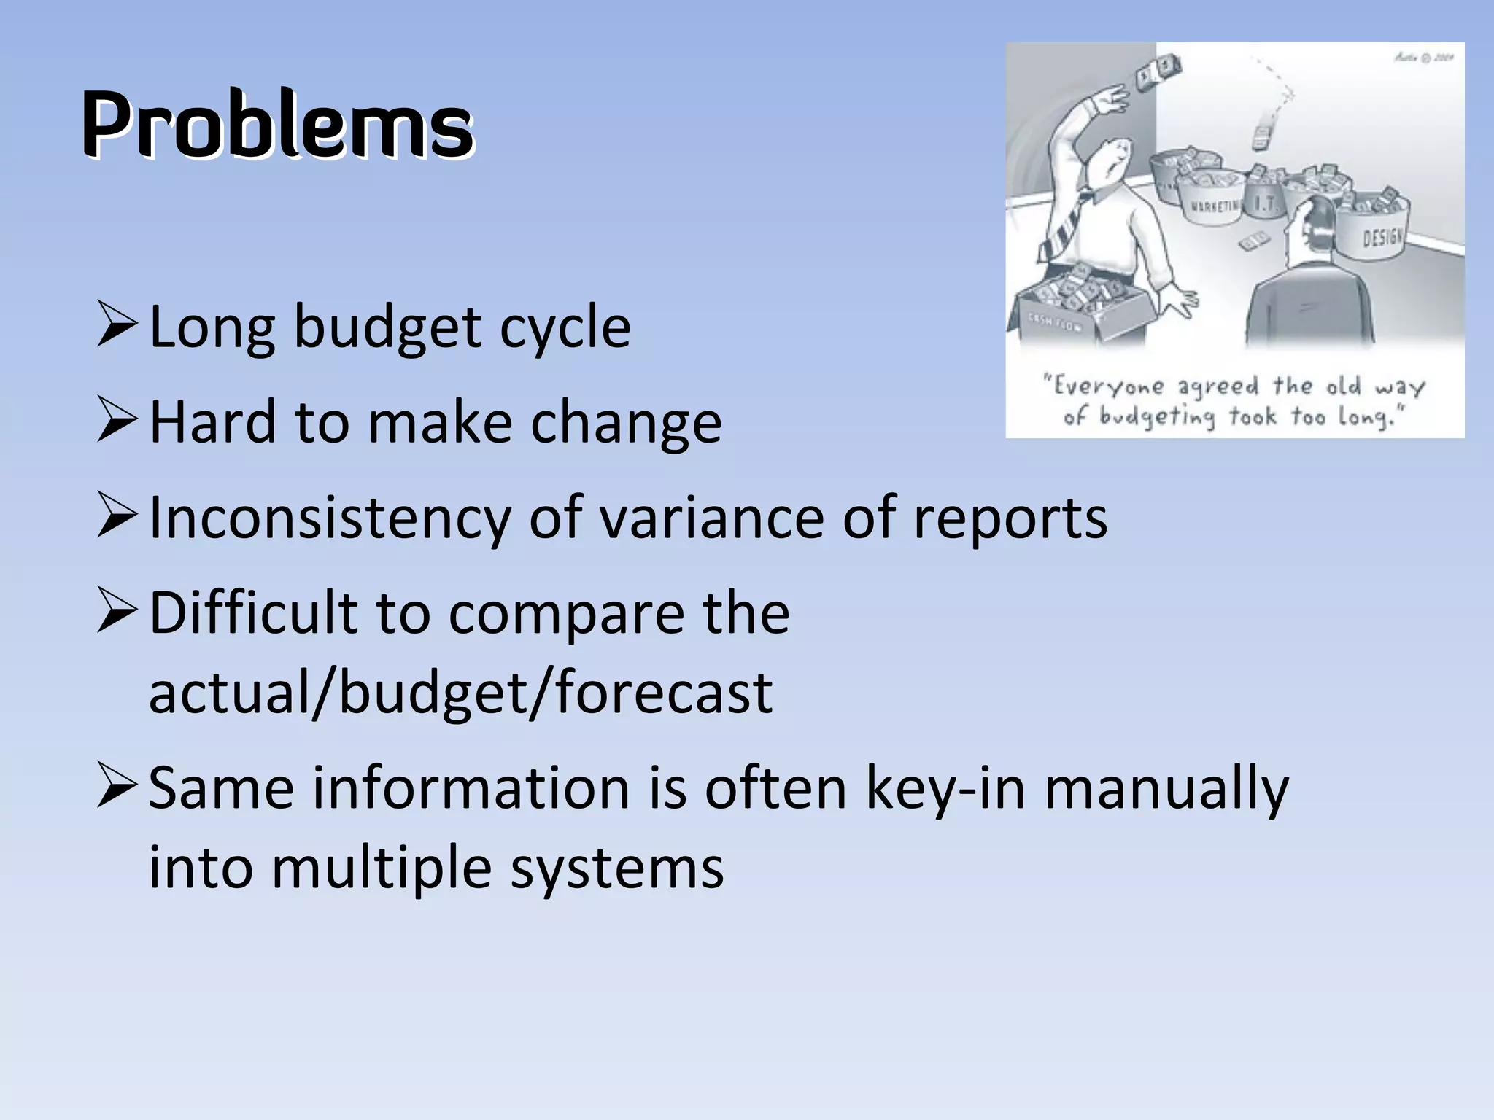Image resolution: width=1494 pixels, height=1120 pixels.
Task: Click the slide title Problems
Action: (x=277, y=124)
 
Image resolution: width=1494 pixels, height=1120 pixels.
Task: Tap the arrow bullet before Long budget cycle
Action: (x=117, y=326)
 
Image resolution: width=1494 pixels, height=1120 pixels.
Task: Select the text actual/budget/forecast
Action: (x=460, y=693)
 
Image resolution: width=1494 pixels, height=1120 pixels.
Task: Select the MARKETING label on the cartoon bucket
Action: (x=1215, y=206)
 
